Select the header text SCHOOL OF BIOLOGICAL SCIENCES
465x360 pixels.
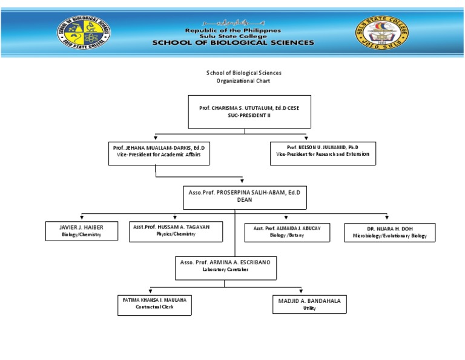pyautogui.click(x=233, y=43)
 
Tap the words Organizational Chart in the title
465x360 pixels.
pyautogui.click(x=244, y=81)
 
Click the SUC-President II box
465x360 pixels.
pyautogui.click(x=249, y=112)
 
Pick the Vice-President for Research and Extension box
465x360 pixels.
pyautogui.click(x=323, y=153)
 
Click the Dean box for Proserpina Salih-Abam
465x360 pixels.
pyautogui.click(x=244, y=198)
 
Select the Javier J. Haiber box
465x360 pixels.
pyautogui.click(x=82, y=231)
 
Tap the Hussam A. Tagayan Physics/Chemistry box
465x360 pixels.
pyautogui.click(x=176, y=231)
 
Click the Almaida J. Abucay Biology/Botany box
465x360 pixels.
pyautogui.click(x=287, y=232)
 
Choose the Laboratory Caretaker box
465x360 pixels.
pyautogui.click(x=225, y=268)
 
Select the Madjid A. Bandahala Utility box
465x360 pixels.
pyautogui.click(x=309, y=305)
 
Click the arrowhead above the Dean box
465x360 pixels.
pyautogui.click(x=242, y=181)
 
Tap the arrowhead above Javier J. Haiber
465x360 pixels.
pyautogui.click(x=82, y=217)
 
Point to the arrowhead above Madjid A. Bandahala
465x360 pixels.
pyautogui.click(x=301, y=292)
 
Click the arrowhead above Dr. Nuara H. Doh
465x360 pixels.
pyautogui.click(x=387, y=217)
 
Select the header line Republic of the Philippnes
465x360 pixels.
pyautogui.click(x=233, y=30)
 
